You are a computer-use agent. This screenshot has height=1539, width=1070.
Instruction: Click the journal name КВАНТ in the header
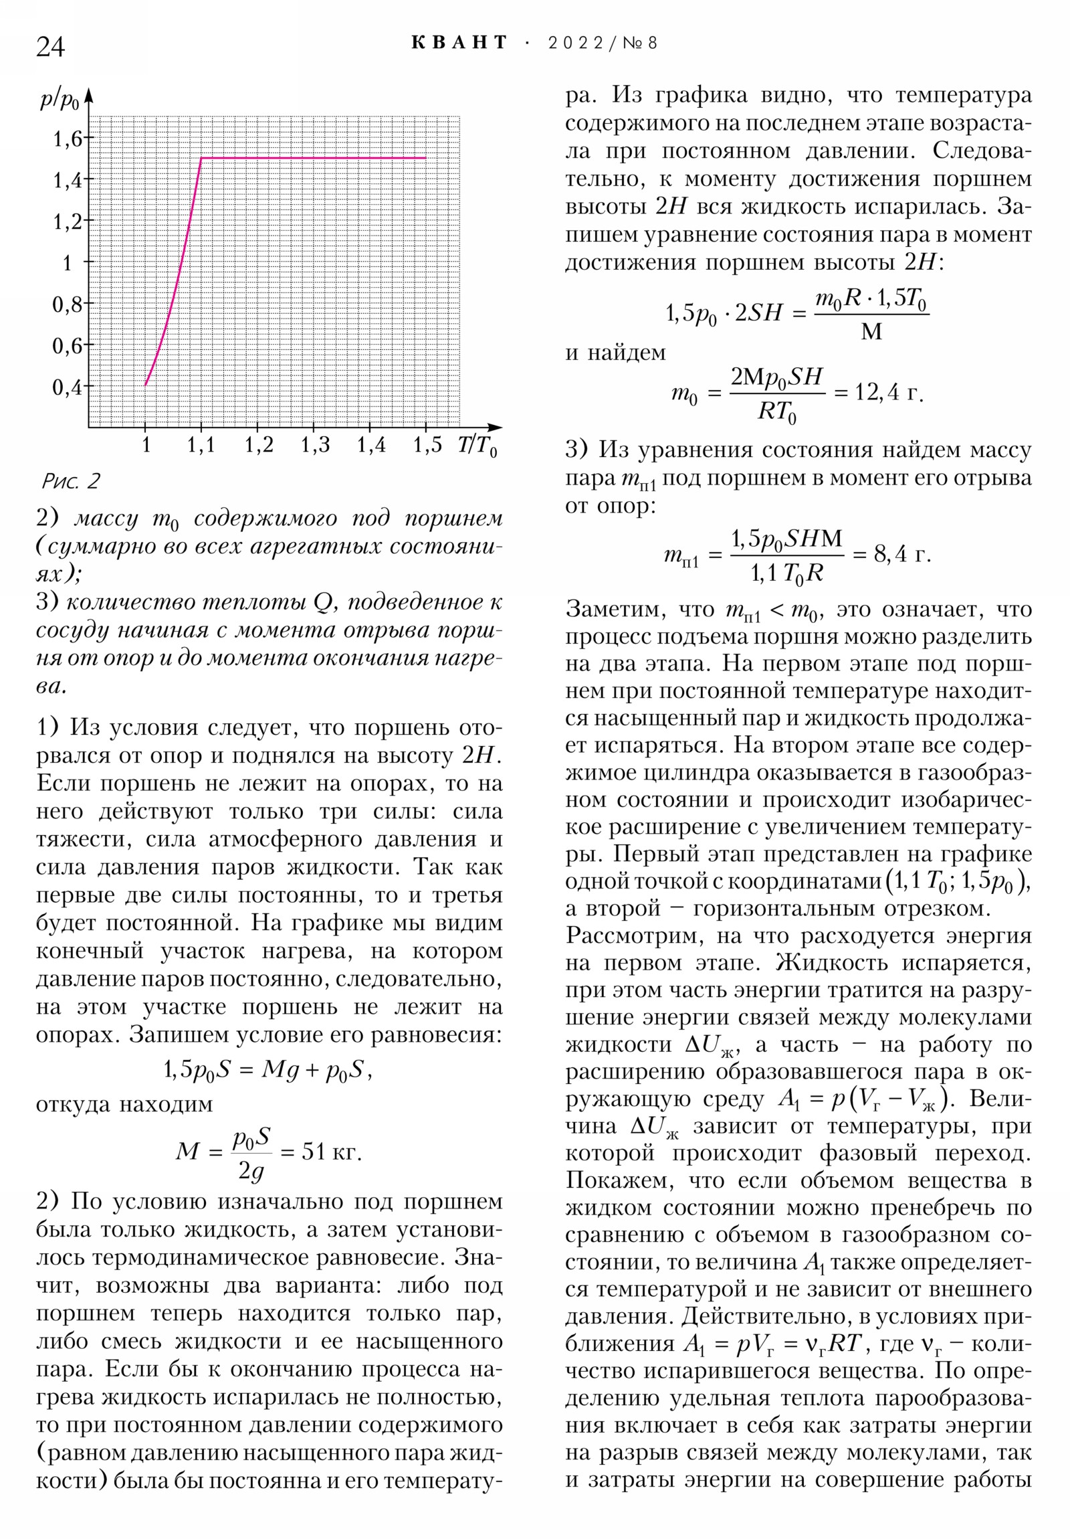click(x=459, y=43)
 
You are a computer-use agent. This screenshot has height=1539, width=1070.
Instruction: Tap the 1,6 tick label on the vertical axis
click(x=67, y=139)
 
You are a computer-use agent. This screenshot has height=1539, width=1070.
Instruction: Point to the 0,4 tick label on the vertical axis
click(x=67, y=387)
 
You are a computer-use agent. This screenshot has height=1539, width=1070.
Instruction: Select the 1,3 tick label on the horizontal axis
click(x=315, y=444)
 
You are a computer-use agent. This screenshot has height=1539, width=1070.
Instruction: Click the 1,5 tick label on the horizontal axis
click(x=427, y=444)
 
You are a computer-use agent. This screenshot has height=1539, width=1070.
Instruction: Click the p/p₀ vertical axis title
click(x=60, y=100)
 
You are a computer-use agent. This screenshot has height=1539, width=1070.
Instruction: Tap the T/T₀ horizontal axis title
click(x=477, y=445)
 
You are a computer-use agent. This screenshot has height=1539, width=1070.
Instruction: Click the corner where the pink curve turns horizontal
click(x=202, y=158)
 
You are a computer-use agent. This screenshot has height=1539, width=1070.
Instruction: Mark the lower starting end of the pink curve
click(x=145, y=385)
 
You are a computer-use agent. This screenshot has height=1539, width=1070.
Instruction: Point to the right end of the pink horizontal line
click(x=426, y=158)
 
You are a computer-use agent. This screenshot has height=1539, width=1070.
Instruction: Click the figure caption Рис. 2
click(x=71, y=480)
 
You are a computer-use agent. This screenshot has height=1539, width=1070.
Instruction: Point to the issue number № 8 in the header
click(x=640, y=43)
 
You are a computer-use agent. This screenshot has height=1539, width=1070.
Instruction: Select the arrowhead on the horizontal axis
click(x=495, y=427)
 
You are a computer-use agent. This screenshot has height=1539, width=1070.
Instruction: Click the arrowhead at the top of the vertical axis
click(x=89, y=95)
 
